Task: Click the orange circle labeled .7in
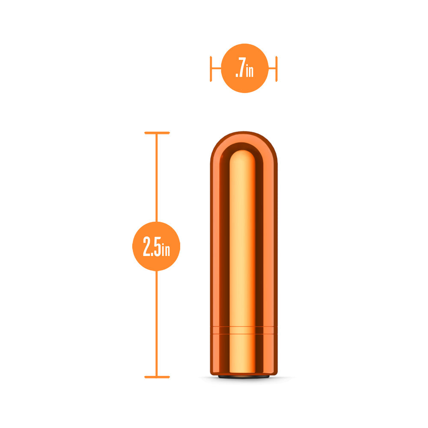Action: tap(244, 68)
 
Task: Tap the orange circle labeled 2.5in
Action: tap(156, 246)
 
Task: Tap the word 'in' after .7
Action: tap(250, 71)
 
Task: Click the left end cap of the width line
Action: tap(211, 68)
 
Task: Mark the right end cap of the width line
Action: tap(276, 68)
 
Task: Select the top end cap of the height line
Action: tap(157, 133)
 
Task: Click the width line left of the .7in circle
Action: tap(216, 68)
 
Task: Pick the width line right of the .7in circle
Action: tap(272, 68)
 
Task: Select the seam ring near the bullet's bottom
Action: tap(244, 330)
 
